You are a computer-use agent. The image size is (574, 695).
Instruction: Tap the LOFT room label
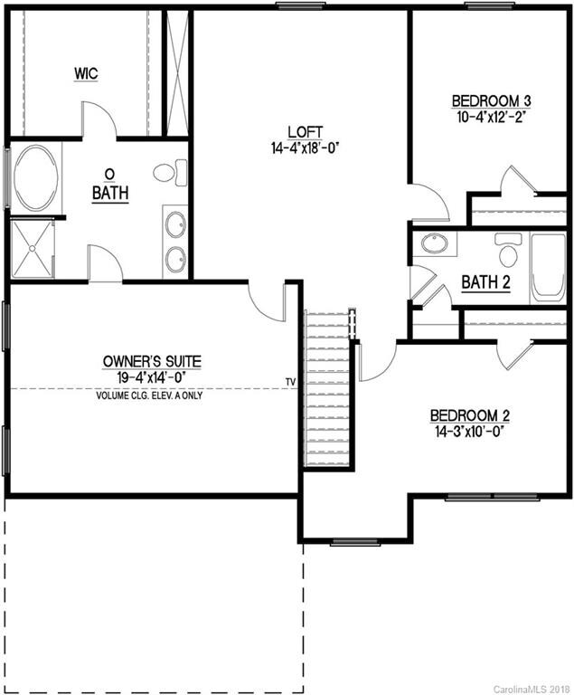coord(302,131)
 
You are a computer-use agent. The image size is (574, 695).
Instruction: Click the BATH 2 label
coord(485,282)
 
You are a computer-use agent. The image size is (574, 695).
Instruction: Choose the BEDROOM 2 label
coord(469,416)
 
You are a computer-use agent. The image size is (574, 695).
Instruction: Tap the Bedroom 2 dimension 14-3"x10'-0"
coord(469,432)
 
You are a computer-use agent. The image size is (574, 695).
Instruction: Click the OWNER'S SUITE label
coord(152,362)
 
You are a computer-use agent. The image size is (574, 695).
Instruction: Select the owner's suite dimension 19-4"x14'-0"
coord(152,376)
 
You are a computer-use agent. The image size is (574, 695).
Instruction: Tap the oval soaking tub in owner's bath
coord(35,178)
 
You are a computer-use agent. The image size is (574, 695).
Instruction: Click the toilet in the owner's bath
coord(168,172)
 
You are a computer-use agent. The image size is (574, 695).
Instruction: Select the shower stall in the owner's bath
coord(32,248)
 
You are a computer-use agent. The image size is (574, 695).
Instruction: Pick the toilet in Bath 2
coord(509,250)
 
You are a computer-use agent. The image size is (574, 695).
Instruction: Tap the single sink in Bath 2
coord(435,244)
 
